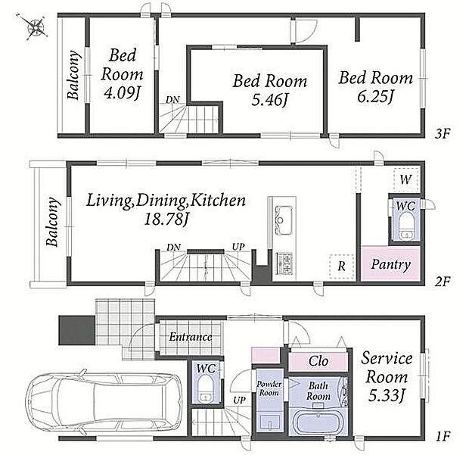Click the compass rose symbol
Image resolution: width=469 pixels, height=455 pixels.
(x=36, y=27)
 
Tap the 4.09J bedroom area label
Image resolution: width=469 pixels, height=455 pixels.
(x=122, y=93)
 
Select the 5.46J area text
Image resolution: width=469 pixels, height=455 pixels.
(x=269, y=100)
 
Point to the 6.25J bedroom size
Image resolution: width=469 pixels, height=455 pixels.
(x=374, y=96)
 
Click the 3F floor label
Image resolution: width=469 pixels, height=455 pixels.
(x=442, y=133)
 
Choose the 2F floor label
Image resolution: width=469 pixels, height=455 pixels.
(x=442, y=282)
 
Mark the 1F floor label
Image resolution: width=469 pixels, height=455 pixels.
(x=442, y=436)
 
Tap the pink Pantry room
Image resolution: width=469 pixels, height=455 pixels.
(x=390, y=263)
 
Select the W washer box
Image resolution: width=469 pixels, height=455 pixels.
(x=406, y=180)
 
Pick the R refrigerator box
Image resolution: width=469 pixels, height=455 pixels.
(x=342, y=266)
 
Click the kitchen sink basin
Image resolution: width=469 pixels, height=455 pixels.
(x=284, y=220)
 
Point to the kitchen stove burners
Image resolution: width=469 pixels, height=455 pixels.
(x=284, y=263)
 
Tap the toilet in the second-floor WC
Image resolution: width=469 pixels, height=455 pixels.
(x=406, y=226)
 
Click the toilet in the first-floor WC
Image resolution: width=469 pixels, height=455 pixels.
(x=206, y=388)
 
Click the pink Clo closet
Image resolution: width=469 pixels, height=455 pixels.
(x=318, y=362)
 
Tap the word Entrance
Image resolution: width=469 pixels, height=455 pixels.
(x=191, y=337)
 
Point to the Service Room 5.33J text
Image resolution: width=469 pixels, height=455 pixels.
(x=387, y=377)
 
